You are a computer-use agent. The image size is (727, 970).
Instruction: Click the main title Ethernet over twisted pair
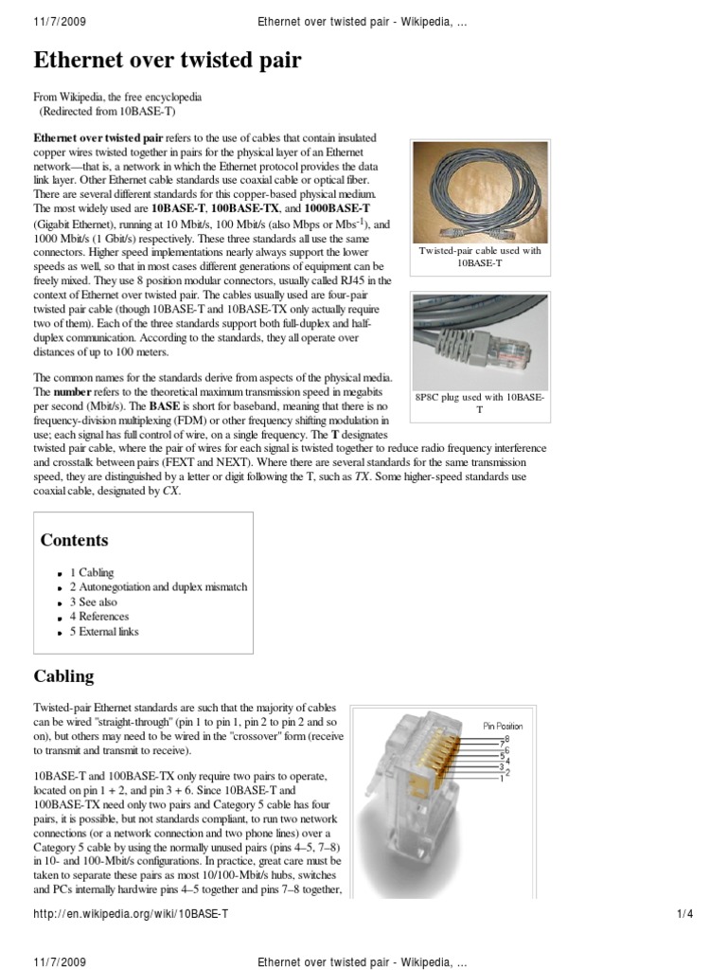coord(168,62)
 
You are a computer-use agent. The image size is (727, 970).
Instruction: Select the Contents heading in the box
coord(74,540)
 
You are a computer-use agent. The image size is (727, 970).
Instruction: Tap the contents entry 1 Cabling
coord(92,572)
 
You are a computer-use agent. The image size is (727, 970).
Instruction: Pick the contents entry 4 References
coord(98,617)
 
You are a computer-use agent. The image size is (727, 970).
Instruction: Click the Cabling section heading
coord(63,676)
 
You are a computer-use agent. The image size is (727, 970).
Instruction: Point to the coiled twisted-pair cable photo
coord(479,192)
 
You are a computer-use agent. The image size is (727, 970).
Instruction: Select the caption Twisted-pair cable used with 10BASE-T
coord(479,258)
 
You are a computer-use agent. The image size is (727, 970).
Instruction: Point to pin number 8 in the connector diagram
coord(506,738)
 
